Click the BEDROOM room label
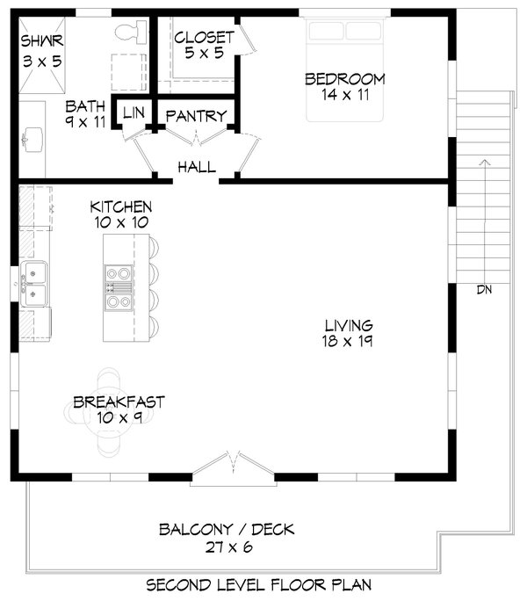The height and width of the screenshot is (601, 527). point(344,79)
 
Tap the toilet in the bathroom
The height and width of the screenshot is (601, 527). point(131,32)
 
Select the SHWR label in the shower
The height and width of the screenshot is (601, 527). point(42,40)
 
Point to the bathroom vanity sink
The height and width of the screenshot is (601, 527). point(33,140)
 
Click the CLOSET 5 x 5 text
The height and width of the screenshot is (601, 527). point(204,45)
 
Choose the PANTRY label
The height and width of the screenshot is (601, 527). point(196,116)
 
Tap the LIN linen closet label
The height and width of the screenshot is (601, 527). point(134,112)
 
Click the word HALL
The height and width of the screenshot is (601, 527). point(197,167)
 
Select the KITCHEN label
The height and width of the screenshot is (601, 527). point(121,207)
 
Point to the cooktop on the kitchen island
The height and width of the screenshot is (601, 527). point(119,287)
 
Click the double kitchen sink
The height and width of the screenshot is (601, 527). point(33,284)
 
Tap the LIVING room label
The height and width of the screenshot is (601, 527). point(349,326)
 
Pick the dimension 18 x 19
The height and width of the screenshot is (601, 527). point(347,341)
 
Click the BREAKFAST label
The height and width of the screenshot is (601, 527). point(119,402)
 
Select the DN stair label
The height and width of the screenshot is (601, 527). point(484,290)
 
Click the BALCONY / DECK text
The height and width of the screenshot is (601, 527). point(227,530)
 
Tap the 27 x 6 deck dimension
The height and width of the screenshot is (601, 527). point(229,547)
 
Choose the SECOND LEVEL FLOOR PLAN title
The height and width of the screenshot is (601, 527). point(259,585)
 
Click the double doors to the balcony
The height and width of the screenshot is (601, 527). point(234,468)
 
